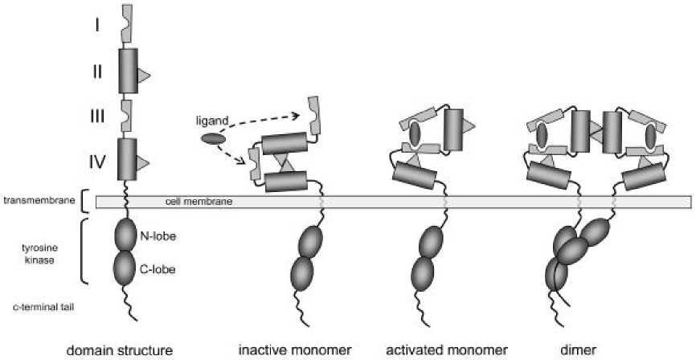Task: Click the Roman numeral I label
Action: coord(96,26)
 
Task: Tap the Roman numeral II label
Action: coord(96,72)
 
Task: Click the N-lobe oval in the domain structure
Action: coord(127,235)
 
